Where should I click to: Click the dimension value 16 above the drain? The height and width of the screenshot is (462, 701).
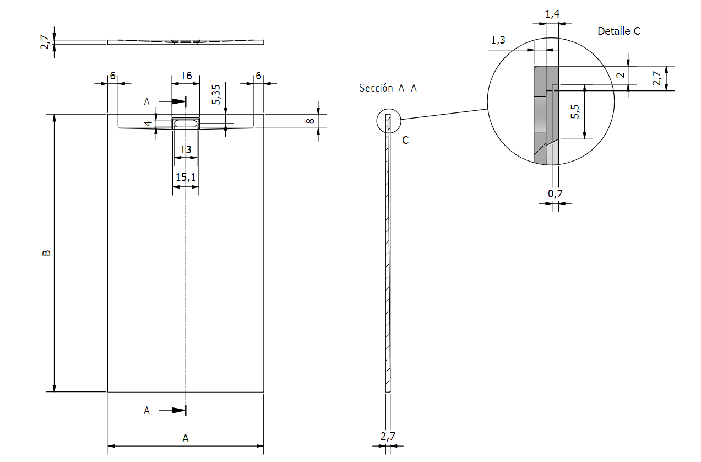click(186, 76)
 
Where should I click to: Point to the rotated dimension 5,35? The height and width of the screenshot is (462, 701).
click(216, 94)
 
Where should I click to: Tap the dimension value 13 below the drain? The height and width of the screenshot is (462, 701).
click(186, 149)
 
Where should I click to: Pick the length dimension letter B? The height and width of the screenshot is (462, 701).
click(47, 253)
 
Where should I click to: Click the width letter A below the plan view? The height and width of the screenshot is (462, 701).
click(186, 438)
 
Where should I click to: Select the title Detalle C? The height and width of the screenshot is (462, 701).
click(619, 31)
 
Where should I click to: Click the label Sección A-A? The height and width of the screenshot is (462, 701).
click(388, 88)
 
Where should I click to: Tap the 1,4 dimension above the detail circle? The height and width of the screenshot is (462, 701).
click(552, 14)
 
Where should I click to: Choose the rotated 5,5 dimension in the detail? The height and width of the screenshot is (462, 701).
click(575, 112)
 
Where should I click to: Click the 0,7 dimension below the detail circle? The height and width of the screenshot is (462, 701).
click(555, 194)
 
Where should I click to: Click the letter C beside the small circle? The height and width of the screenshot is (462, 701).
click(405, 140)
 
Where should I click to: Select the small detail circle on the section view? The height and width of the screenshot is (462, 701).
click(388, 121)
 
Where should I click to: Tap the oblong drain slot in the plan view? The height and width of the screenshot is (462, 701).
click(186, 123)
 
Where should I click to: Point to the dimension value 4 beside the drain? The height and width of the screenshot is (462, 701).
click(148, 123)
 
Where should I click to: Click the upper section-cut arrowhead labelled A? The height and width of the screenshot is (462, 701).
click(177, 101)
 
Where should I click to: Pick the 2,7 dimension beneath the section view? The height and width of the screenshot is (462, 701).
click(388, 436)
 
